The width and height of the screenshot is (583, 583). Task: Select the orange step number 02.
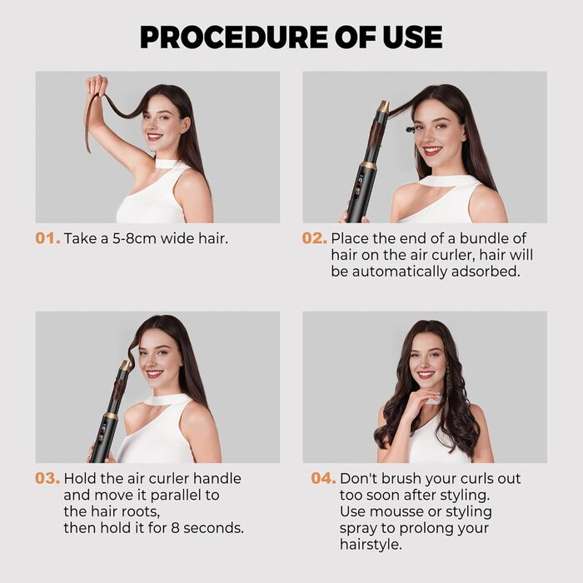coord(314,238)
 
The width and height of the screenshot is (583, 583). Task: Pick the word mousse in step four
coord(395,511)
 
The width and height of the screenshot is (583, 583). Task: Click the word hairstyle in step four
coord(371,545)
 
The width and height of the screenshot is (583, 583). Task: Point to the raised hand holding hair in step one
coord(97,86)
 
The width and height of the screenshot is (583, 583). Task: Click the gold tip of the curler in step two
coord(382,107)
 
